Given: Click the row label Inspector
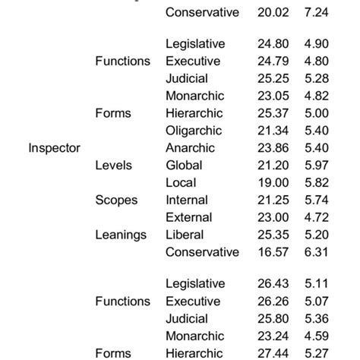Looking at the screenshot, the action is pyautogui.click(x=54, y=147).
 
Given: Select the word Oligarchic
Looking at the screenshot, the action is pyautogui.click(x=193, y=131).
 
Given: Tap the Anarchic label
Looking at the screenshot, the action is pyautogui.click(x=190, y=148).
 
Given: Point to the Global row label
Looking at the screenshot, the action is pyautogui.click(x=183, y=165).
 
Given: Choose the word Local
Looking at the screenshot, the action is pyautogui.click(x=181, y=182).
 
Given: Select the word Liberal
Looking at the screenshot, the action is pyautogui.click(x=184, y=235).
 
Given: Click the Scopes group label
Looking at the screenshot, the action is pyautogui.click(x=116, y=200).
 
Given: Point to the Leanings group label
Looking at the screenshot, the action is pyautogui.click(x=121, y=235).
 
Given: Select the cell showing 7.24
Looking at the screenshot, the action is pyautogui.click(x=317, y=12).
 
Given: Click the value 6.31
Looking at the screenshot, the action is pyautogui.click(x=317, y=251).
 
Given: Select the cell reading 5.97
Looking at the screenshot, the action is pyautogui.click(x=317, y=165).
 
